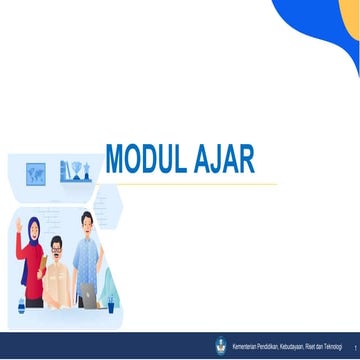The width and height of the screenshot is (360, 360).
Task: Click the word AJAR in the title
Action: click(x=228, y=159)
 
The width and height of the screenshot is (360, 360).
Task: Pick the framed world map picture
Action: click(x=36, y=173)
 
